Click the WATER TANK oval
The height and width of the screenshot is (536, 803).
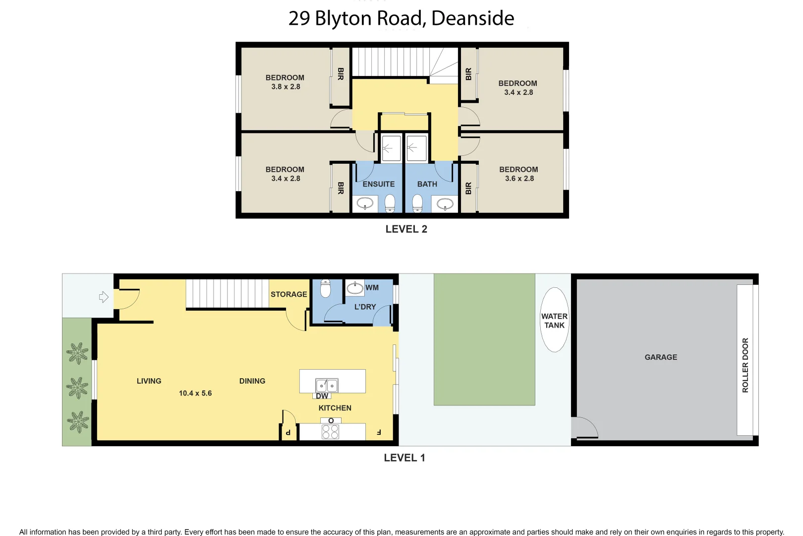554,320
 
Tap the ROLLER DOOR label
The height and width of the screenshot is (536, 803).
745,365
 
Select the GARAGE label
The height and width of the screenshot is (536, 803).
661,357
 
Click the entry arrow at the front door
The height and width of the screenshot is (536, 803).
104,297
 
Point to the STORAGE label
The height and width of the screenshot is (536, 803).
288,294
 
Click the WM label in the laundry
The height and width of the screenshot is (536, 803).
372,288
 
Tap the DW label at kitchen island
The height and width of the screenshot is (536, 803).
322,396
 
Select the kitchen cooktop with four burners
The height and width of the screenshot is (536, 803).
331,431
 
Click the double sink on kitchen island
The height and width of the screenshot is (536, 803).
327,385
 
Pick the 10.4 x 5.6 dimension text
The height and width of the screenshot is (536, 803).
195,393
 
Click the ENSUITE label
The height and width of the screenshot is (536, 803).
379,184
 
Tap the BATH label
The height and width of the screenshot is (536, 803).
427,184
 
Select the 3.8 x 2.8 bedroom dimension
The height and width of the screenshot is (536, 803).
286,87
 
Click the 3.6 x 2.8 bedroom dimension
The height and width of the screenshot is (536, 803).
519,179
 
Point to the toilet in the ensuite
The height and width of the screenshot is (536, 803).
390,202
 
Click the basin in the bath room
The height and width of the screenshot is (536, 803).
445,203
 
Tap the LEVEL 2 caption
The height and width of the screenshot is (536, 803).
406,229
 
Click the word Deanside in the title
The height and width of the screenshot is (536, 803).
472,18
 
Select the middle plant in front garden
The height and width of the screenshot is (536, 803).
77,388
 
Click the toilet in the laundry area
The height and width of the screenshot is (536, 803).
325,288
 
